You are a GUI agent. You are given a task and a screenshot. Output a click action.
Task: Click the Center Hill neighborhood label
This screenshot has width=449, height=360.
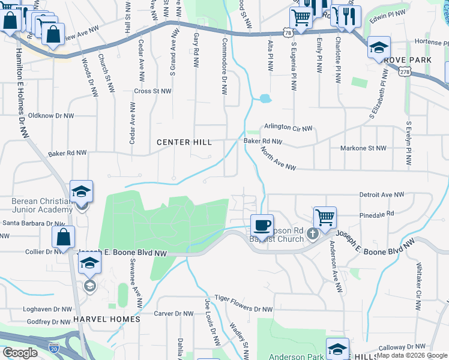(x=184, y=142)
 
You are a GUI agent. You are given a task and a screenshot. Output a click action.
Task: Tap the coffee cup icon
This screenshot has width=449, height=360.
(x=261, y=226)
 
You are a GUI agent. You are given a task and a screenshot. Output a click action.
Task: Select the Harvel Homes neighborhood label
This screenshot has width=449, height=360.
(x=107, y=319)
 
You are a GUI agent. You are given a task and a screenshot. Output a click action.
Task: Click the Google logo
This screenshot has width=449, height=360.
(x=20, y=353)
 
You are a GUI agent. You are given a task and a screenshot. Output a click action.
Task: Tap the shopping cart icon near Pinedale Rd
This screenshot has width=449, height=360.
(x=325, y=217)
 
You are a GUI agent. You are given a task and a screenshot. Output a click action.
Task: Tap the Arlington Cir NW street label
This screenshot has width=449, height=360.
(x=289, y=128)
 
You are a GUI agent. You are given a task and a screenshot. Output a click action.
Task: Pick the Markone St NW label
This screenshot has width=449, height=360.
(x=363, y=148)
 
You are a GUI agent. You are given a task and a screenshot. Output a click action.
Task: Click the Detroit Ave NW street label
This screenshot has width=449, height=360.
(x=382, y=195)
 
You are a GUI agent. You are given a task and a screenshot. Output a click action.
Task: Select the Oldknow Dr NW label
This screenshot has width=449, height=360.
(x=51, y=116)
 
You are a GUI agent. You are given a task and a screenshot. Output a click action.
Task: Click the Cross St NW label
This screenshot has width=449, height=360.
(x=152, y=91)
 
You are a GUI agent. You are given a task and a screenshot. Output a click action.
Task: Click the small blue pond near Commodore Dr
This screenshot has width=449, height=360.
(x=265, y=98)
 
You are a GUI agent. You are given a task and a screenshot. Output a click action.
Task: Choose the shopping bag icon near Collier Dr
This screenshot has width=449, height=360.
(x=63, y=237)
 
